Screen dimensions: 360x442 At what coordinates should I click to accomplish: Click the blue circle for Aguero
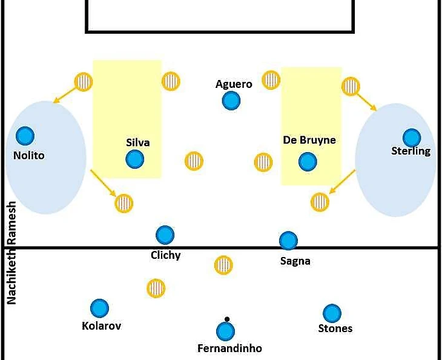click(230, 101)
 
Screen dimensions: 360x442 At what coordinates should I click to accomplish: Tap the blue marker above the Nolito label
click(25, 136)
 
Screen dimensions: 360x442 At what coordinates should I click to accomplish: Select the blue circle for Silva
click(135, 159)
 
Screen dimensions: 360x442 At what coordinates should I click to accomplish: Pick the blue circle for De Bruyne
click(308, 161)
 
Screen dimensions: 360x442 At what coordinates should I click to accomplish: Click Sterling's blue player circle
click(412, 138)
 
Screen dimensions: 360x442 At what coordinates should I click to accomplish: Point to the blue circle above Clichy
click(165, 235)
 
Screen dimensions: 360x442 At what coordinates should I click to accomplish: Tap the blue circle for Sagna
click(288, 241)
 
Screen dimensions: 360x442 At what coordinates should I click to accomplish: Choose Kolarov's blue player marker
click(99, 308)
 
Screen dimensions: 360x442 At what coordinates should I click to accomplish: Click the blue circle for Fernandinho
click(225, 332)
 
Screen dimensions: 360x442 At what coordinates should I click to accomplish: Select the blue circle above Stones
click(332, 313)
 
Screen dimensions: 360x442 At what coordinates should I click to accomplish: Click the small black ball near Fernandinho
click(227, 319)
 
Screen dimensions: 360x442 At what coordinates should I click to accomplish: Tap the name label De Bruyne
click(309, 140)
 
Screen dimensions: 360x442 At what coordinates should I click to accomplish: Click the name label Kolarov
click(101, 326)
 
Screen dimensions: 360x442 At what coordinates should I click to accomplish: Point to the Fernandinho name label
click(229, 348)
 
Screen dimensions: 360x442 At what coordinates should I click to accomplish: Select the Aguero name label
click(234, 84)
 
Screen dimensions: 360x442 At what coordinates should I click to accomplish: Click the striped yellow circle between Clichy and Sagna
click(223, 265)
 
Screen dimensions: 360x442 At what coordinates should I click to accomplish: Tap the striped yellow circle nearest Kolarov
click(156, 288)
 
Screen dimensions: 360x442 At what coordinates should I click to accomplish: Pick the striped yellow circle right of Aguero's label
click(271, 79)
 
